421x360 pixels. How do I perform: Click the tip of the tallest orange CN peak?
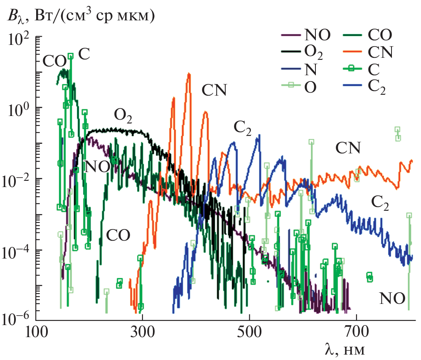[x=189, y=74]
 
